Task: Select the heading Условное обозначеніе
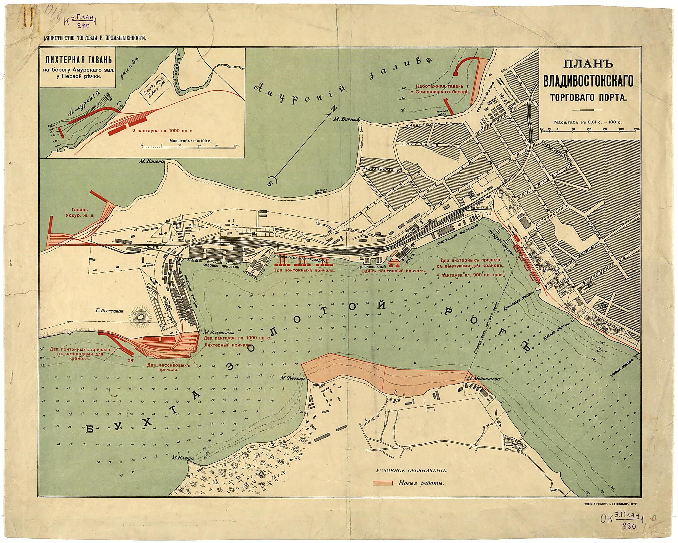tap(412, 470)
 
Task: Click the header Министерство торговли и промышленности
tap(95, 38)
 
